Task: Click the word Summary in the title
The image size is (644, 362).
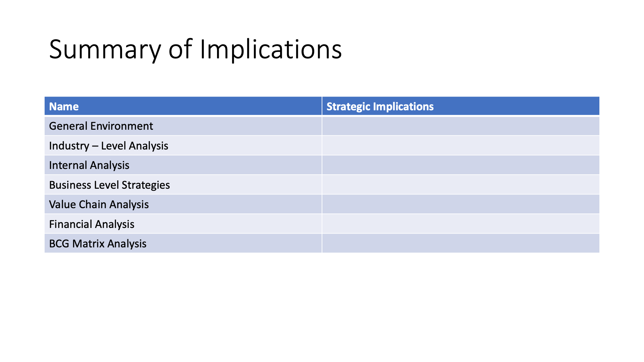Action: click(x=105, y=50)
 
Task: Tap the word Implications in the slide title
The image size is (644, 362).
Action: click(x=271, y=50)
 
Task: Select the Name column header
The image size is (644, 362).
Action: click(x=64, y=107)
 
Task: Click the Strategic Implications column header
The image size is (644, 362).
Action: click(x=380, y=107)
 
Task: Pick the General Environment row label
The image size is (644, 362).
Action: click(x=101, y=126)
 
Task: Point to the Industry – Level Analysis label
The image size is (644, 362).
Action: click(x=109, y=146)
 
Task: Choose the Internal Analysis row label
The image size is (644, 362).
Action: click(x=89, y=165)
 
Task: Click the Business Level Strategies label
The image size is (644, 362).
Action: click(x=109, y=185)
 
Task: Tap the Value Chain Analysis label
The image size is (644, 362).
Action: click(x=99, y=204)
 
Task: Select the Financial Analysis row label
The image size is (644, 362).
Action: click(x=92, y=224)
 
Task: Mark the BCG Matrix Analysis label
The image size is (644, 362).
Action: click(x=98, y=244)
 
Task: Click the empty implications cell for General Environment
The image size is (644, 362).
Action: click(x=461, y=126)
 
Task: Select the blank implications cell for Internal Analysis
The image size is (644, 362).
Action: click(x=461, y=165)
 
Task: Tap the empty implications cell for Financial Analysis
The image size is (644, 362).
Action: click(x=461, y=224)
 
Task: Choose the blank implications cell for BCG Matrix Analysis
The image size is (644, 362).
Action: click(x=461, y=244)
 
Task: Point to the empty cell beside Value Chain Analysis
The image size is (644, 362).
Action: click(x=461, y=204)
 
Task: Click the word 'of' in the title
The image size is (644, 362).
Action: click(x=180, y=50)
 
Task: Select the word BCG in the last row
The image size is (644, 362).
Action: click(x=59, y=244)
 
